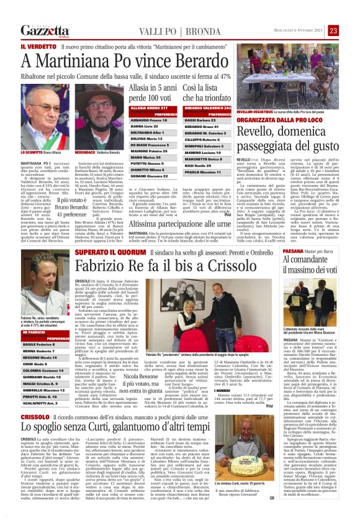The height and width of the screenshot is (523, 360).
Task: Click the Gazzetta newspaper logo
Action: [x=44, y=30]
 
